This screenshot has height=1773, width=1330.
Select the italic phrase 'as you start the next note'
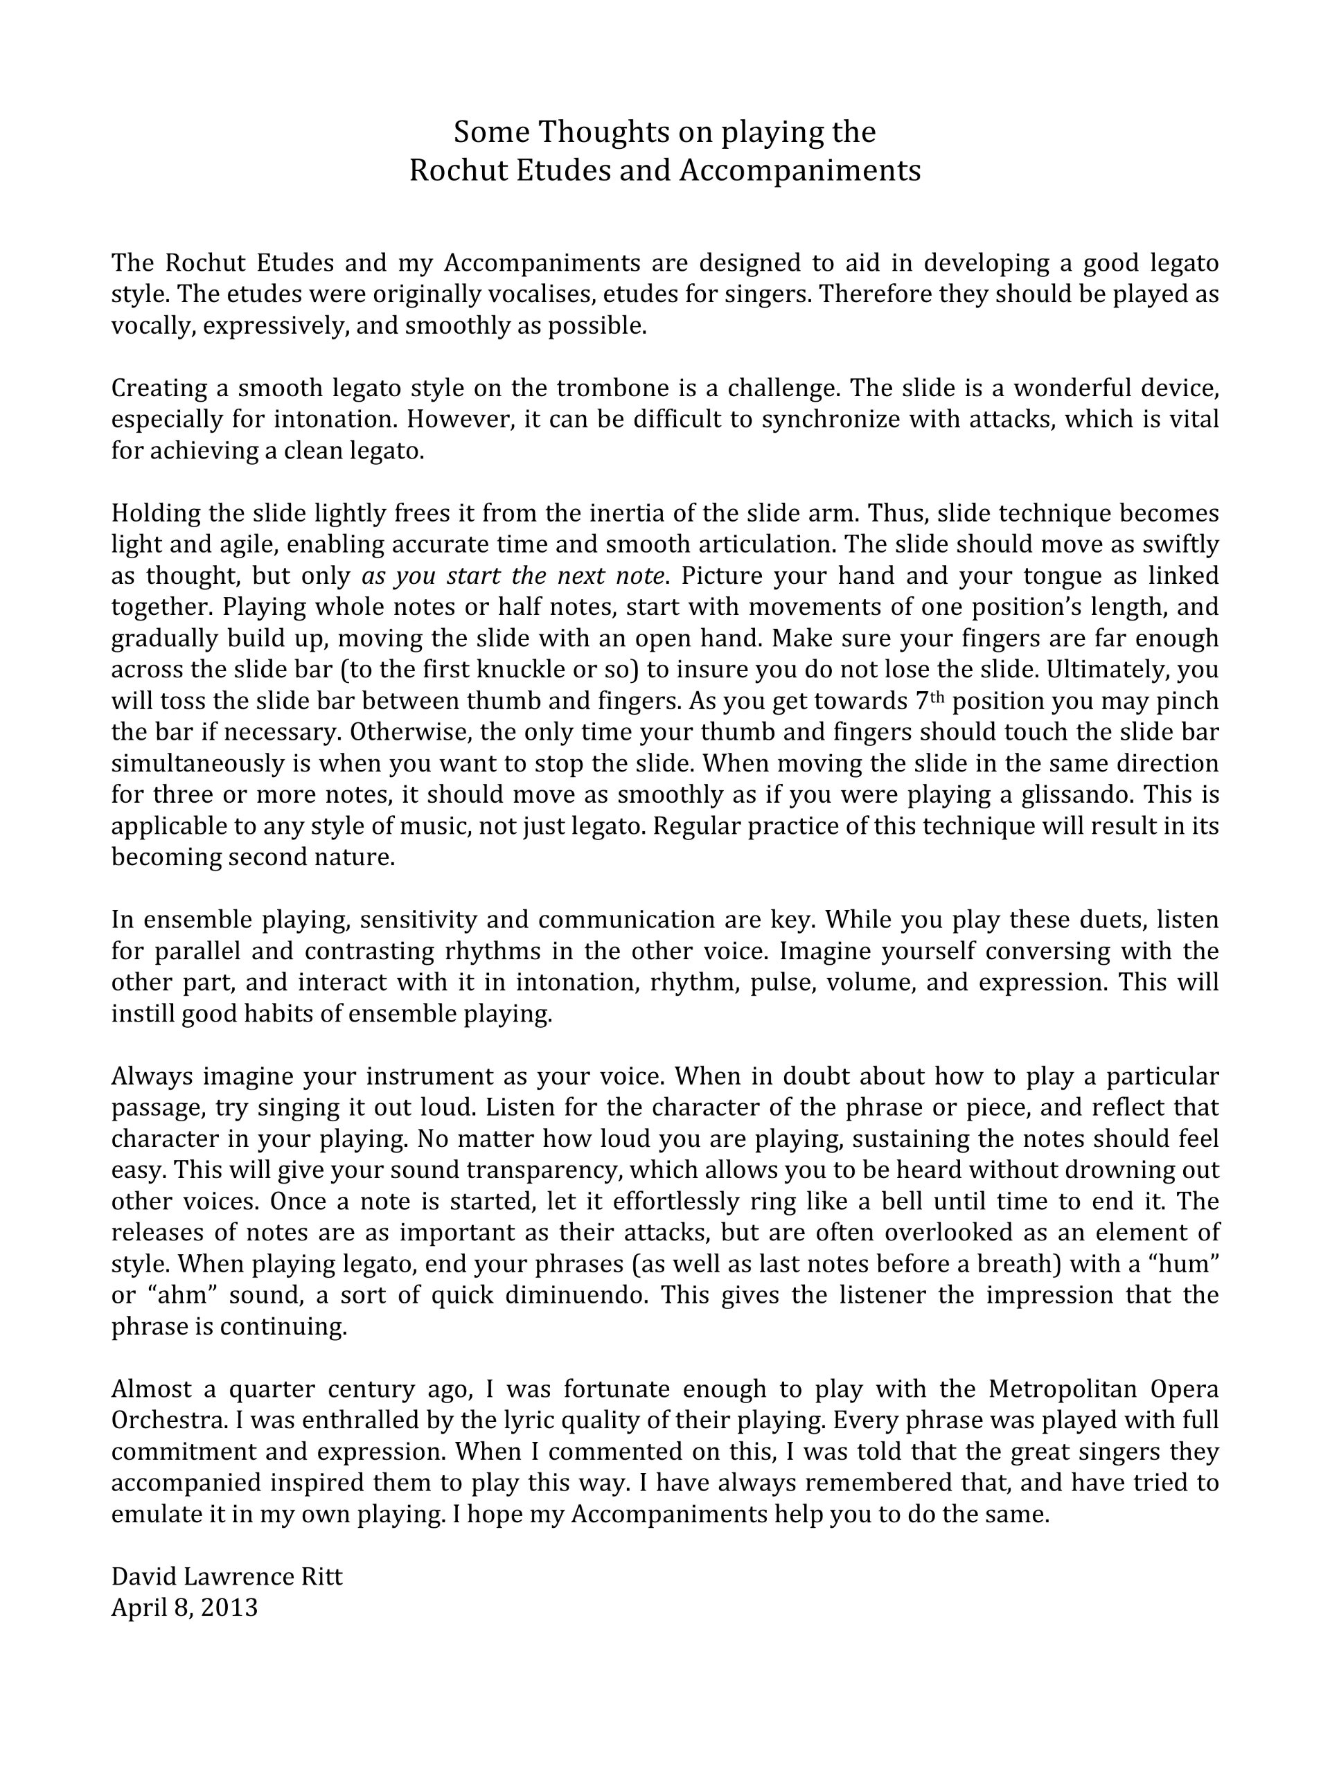pyautogui.click(x=513, y=576)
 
